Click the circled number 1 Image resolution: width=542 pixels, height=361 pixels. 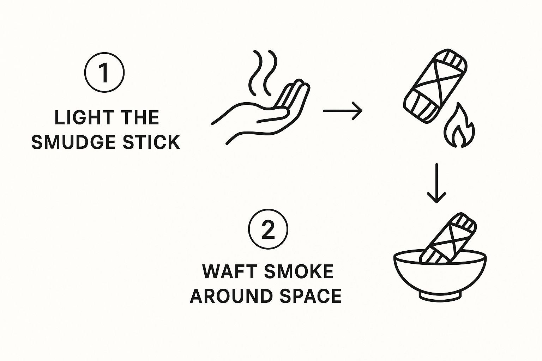point(104,72)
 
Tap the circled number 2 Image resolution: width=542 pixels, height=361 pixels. point(268,229)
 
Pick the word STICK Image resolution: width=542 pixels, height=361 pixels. point(151,142)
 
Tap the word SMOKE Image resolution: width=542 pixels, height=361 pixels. point(299,271)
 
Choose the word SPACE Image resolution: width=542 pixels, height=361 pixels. point(311,296)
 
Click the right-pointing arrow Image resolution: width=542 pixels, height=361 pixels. point(343,111)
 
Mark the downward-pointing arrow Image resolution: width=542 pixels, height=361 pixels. point(436,183)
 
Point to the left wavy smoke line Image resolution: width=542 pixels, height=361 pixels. point(255,72)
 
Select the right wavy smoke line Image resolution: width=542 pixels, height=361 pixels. point(270,72)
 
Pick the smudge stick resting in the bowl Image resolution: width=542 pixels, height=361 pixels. point(448,238)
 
